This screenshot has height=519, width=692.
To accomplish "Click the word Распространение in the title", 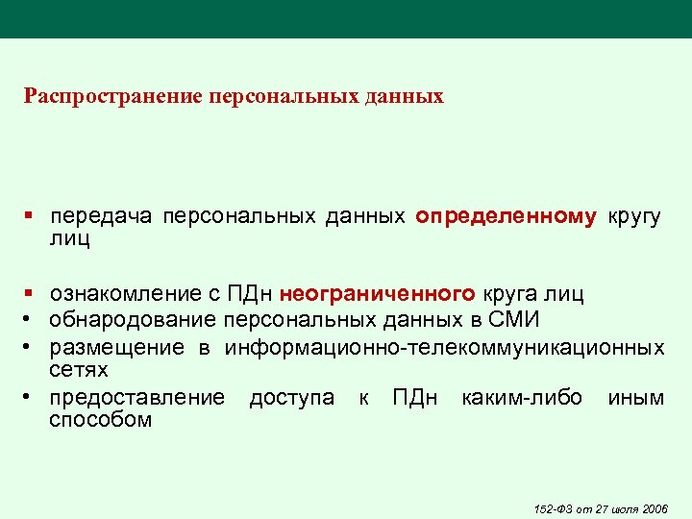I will (x=96, y=96).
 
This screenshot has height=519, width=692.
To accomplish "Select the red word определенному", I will (x=506, y=217).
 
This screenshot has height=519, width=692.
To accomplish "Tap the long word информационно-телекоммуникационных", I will (x=444, y=347).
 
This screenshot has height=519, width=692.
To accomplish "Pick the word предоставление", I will (x=137, y=398).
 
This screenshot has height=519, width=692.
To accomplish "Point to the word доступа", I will (x=290, y=398).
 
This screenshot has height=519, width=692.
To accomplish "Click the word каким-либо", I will (x=521, y=398).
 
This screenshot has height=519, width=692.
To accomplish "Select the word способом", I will (x=101, y=420).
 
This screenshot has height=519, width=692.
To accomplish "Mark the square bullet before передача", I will (x=31, y=217).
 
